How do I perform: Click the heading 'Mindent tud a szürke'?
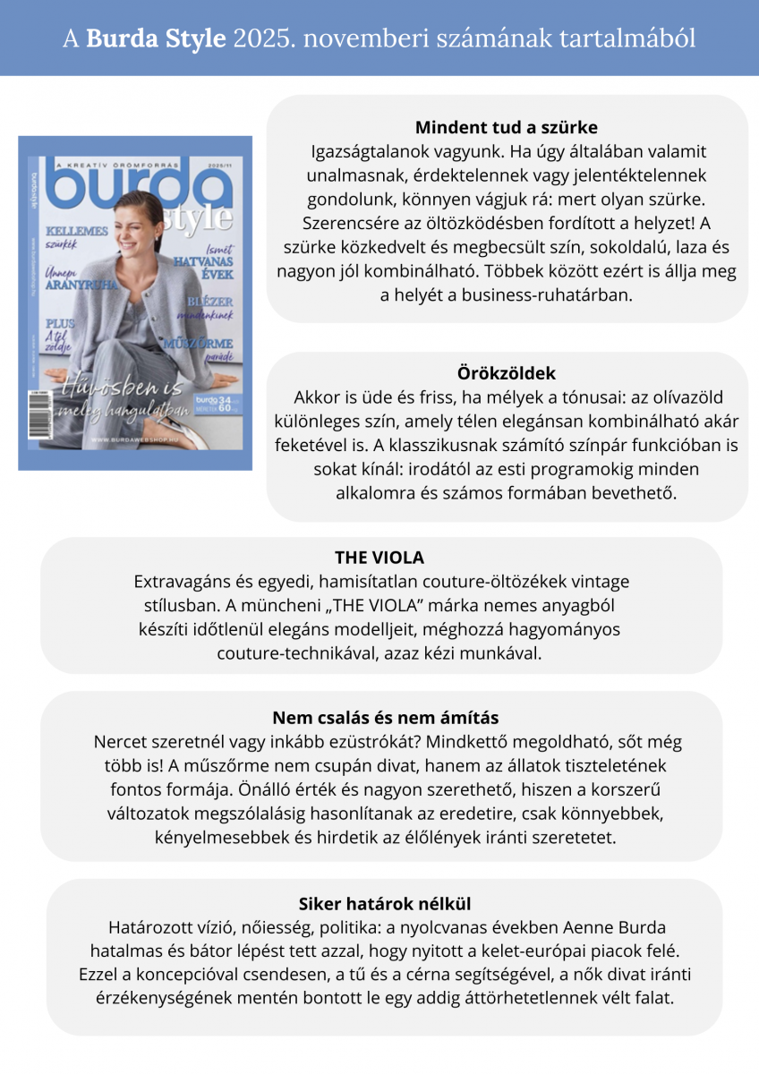click(506, 127)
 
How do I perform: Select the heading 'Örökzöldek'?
click(506, 372)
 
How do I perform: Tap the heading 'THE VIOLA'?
click(379, 558)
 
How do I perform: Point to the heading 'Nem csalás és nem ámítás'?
click(385, 718)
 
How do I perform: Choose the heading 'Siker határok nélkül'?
click(385, 903)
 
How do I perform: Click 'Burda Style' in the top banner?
click(156, 38)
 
